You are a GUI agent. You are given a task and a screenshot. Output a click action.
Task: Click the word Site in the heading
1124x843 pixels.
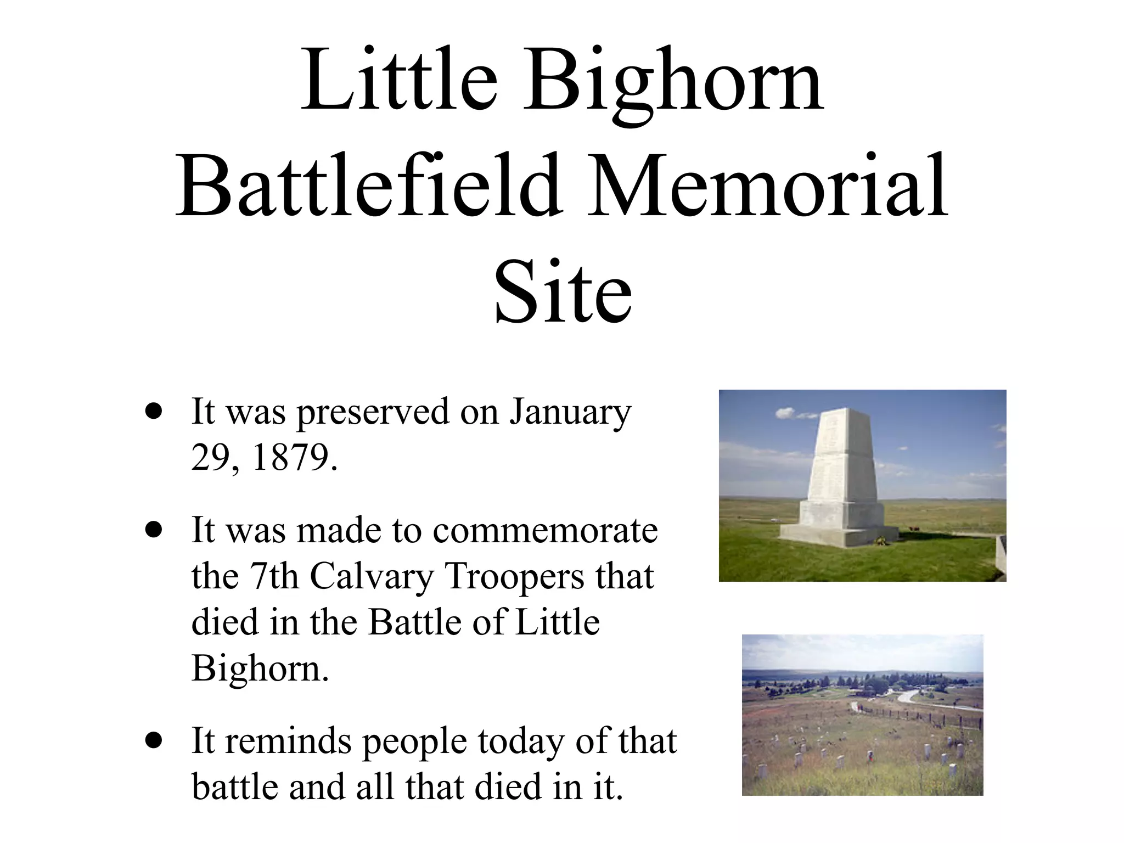coord(563,291)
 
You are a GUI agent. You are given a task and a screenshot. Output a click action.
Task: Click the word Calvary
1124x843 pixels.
coord(372,576)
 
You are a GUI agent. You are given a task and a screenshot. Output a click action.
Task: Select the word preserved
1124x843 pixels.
coord(373,412)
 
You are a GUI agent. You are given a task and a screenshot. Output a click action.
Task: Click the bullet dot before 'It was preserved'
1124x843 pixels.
coord(154,412)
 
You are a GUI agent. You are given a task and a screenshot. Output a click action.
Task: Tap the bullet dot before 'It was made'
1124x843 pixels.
coord(154,530)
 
